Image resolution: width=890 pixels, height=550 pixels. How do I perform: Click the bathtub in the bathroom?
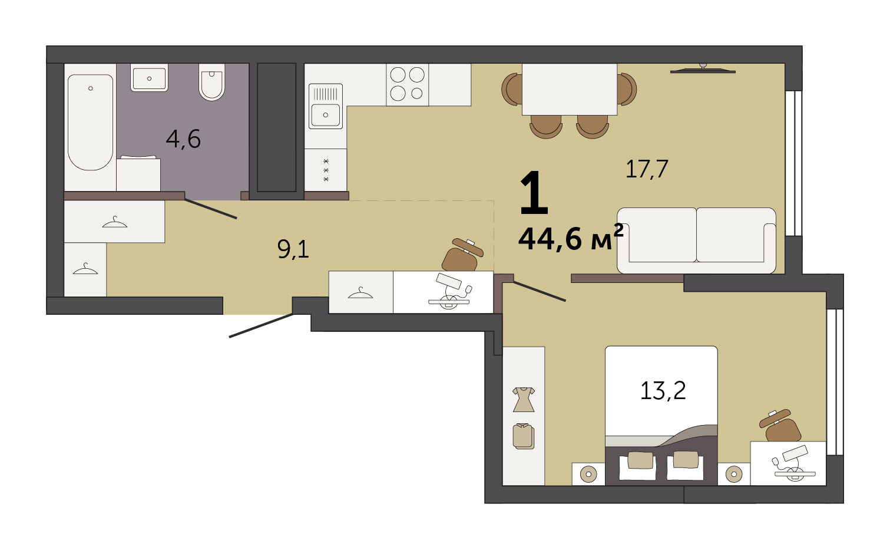tap(90, 123)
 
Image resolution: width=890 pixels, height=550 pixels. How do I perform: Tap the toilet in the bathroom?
tap(212, 82)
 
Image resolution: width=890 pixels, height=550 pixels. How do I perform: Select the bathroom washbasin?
tap(149, 78)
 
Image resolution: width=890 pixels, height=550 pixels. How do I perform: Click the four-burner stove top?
tap(407, 85)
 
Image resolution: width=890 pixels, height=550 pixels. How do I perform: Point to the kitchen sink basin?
tap(325, 115)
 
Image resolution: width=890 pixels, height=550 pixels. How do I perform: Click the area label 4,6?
tap(183, 139)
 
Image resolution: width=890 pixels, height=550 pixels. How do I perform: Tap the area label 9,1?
tap(293, 250)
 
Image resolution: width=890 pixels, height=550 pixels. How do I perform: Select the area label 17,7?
tap(647, 169)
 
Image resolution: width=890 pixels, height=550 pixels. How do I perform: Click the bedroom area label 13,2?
tap(663, 390)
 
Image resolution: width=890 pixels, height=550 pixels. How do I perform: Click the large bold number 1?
tap(534, 193)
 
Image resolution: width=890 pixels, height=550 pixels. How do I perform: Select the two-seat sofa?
tap(696, 241)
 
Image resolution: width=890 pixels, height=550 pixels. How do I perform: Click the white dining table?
tap(570, 90)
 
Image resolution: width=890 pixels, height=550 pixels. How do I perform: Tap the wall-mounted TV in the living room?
tap(703, 70)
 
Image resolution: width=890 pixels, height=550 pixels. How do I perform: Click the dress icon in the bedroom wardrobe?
tap(524, 400)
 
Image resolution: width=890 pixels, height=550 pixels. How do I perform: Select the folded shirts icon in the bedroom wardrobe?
tap(524, 436)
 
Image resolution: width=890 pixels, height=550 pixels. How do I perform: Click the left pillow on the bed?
tap(640, 460)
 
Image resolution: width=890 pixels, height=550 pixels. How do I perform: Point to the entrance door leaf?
tap(262, 325)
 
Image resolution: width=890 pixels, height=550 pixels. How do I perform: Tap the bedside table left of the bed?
tap(588, 473)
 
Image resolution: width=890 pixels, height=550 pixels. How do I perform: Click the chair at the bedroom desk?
tap(779, 426)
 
